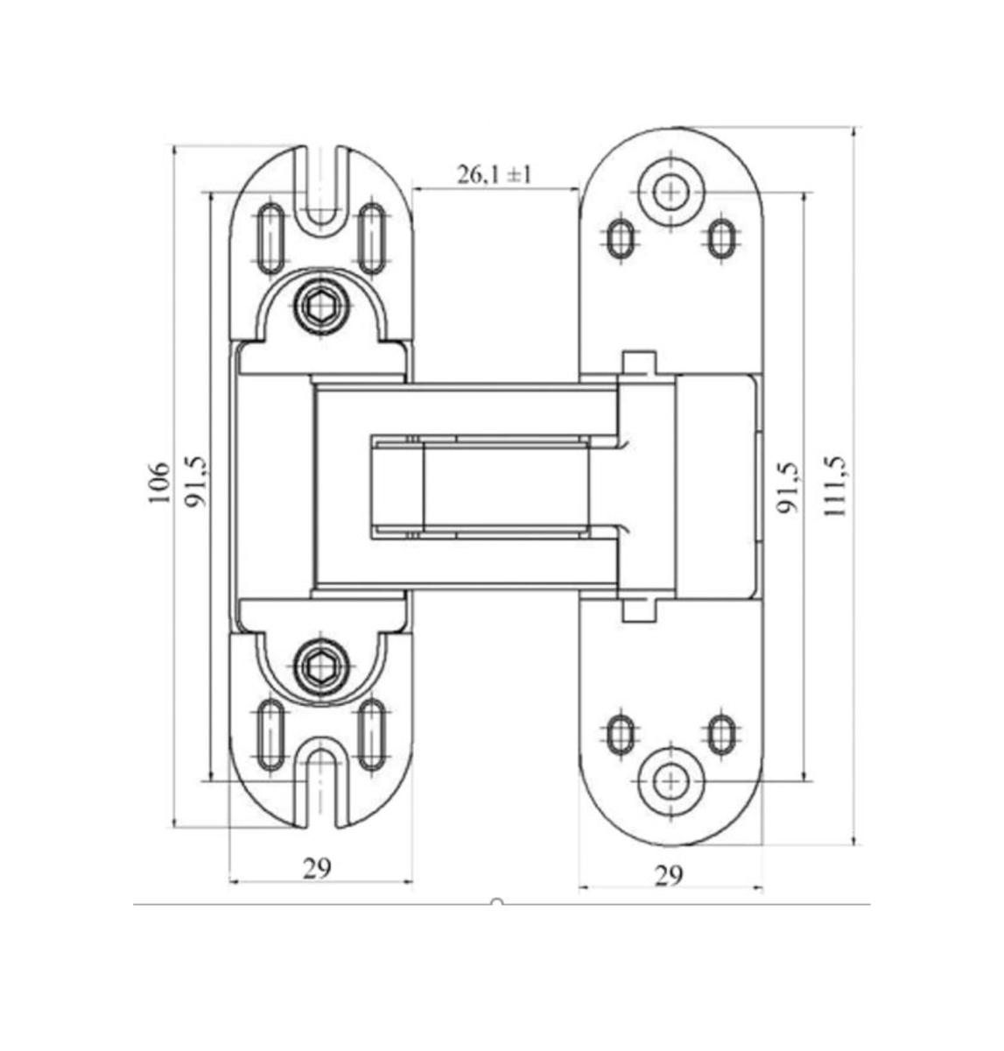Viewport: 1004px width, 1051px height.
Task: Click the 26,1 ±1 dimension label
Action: click(494, 174)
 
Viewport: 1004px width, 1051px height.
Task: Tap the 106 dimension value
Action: click(158, 483)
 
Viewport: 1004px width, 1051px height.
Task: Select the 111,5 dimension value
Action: click(833, 487)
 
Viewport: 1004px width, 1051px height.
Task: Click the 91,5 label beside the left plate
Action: click(195, 482)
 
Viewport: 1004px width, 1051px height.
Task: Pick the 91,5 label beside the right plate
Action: click(788, 488)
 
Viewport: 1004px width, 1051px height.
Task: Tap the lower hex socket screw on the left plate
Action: click(321, 668)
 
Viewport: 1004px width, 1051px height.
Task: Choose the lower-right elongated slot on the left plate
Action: click(372, 735)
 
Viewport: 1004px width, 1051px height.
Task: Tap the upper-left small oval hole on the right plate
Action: click(621, 239)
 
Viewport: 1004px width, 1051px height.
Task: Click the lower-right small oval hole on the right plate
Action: click(721, 735)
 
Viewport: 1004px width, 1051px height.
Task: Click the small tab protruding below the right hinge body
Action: click(640, 610)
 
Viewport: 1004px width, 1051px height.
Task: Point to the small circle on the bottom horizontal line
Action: click(497, 902)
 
